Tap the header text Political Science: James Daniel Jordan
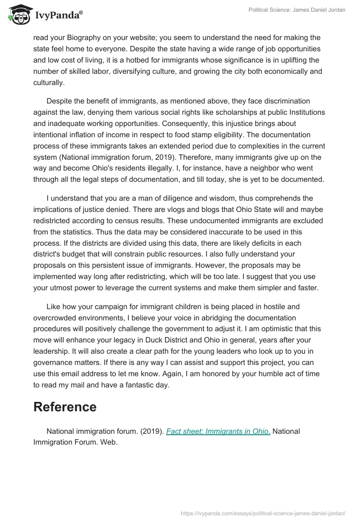[297, 10]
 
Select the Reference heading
[65, 406]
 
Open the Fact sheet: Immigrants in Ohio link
[218, 431]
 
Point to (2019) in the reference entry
[149, 431]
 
